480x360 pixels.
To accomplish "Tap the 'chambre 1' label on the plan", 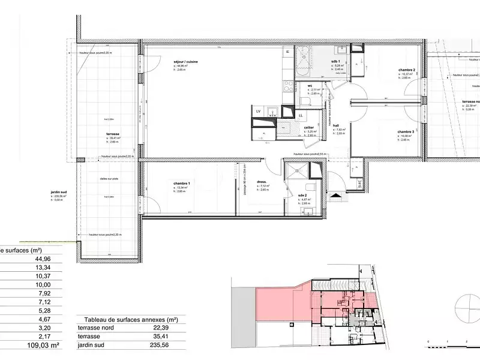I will (181, 182).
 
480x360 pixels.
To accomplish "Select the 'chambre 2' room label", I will (406, 70).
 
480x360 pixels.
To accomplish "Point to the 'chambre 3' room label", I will (406, 131).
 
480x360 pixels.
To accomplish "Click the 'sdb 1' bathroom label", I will (335, 61).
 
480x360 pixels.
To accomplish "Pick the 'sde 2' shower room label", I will (303, 196).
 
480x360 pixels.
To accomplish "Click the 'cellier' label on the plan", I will (309, 127).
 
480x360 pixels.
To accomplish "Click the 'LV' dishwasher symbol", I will (258, 111).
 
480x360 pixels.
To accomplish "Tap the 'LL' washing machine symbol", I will (300, 115).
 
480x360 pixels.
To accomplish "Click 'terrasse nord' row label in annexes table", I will (95, 328).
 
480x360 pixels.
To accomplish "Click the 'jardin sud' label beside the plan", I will (59, 192).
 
